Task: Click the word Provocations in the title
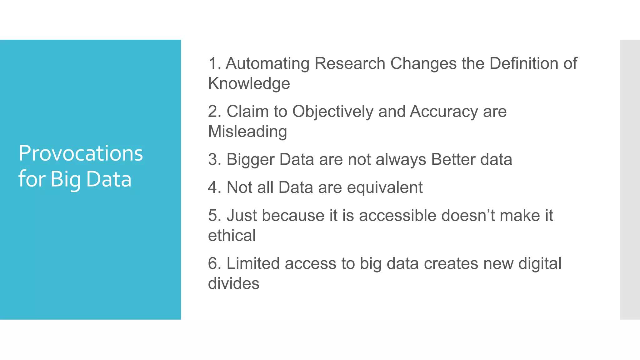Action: point(81,153)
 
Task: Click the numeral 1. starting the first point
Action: point(214,63)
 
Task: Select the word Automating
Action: point(267,63)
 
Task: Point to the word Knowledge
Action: point(249,83)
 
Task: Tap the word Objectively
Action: point(332,112)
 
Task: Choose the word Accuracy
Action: point(444,112)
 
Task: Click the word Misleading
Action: point(247,131)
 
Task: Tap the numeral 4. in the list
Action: point(214,187)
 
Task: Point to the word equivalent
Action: point(385,187)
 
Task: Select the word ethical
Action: point(232,235)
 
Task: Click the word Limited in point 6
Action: point(253,263)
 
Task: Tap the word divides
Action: point(233,283)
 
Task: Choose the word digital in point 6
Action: point(540,263)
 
